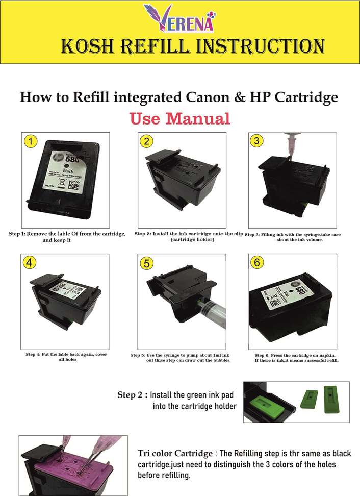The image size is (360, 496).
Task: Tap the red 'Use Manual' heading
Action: pyautogui.click(x=179, y=118)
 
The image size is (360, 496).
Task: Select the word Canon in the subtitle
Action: pyautogui.click(x=208, y=97)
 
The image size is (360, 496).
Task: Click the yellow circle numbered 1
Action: pyautogui.click(x=31, y=141)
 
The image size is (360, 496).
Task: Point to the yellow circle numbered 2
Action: pyautogui.click(x=146, y=141)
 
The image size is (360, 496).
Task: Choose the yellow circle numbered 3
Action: pyautogui.click(x=256, y=140)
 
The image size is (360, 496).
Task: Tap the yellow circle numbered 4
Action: pyautogui.click(x=30, y=263)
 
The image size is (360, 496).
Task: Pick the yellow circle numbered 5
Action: pyautogui.click(x=147, y=263)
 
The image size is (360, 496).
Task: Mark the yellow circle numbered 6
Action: pyautogui.click(x=257, y=262)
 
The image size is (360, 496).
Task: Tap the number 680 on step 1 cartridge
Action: pyautogui.click(x=72, y=158)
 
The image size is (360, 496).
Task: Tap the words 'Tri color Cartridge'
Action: pyautogui.click(x=175, y=454)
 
